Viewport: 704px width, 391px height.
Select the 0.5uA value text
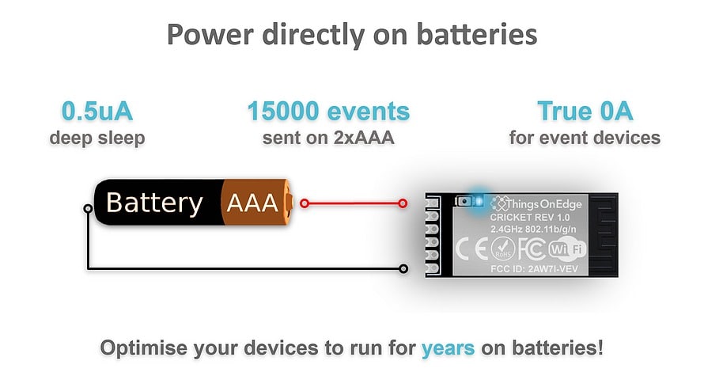(x=97, y=112)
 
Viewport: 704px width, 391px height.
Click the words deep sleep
(x=97, y=138)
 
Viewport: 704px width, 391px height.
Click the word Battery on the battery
(x=154, y=203)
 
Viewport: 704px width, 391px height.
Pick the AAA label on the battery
(x=252, y=203)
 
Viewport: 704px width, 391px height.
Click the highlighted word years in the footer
(x=448, y=348)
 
